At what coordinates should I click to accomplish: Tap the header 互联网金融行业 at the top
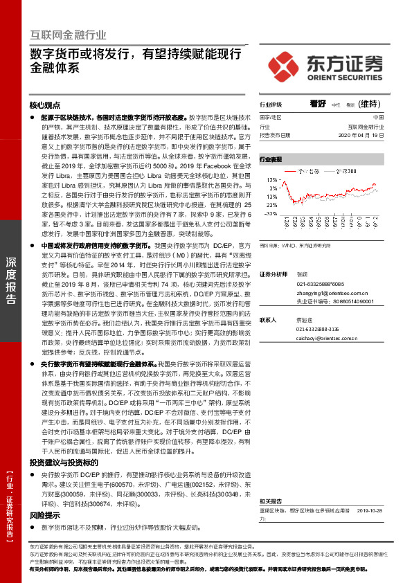coord(68,34)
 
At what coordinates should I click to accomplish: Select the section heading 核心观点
coord(46,105)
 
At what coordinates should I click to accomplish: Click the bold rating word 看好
coord(319,105)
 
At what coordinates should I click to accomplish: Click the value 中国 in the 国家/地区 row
coord(387,118)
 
